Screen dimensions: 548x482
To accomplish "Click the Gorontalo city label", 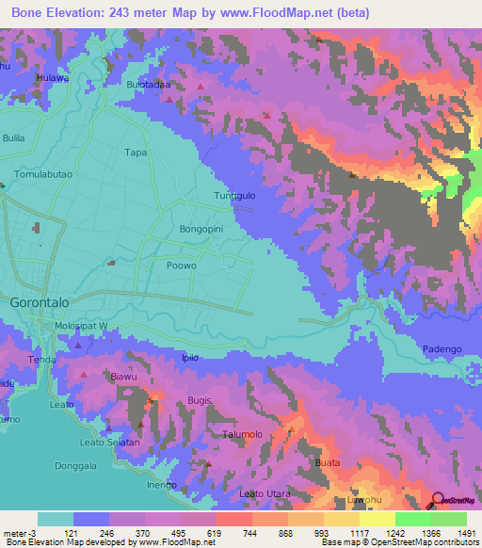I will (40, 304).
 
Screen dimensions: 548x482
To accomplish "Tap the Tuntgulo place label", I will (235, 196).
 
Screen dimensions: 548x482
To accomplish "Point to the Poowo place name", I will (180, 266).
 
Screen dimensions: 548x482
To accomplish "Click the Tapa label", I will (137, 152).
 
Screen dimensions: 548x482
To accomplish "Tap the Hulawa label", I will (53, 78).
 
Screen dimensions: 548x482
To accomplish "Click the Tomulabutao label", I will (44, 175).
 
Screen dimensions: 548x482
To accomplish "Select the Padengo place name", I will (442, 348).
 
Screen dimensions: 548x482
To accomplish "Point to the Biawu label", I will (124, 378).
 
